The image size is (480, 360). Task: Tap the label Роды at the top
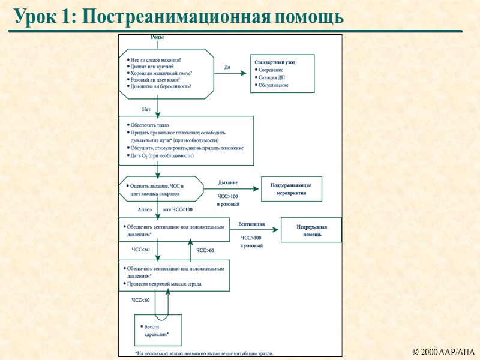pyautogui.click(x=157, y=37)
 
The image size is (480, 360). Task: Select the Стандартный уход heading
pyautogui.click(x=275, y=62)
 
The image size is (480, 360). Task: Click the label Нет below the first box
pyautogui.click(x=146, y=109)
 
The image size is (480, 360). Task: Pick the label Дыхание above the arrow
pyautogui.click(x=228, y=182)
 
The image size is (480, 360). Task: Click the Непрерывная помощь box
pyautogui.click(x=312, y=231)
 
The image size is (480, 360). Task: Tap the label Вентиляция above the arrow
pyautogui.click(x=251, y=224)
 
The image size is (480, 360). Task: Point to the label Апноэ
pyautogui.click(x=145, y=209)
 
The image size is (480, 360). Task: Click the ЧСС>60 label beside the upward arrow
pyautogui.click(x=205, y=250)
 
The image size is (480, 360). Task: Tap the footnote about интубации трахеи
pyautogui.click(x=204, y=353)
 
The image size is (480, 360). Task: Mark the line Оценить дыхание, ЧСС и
pyautogui.click(x=157, y=186)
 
